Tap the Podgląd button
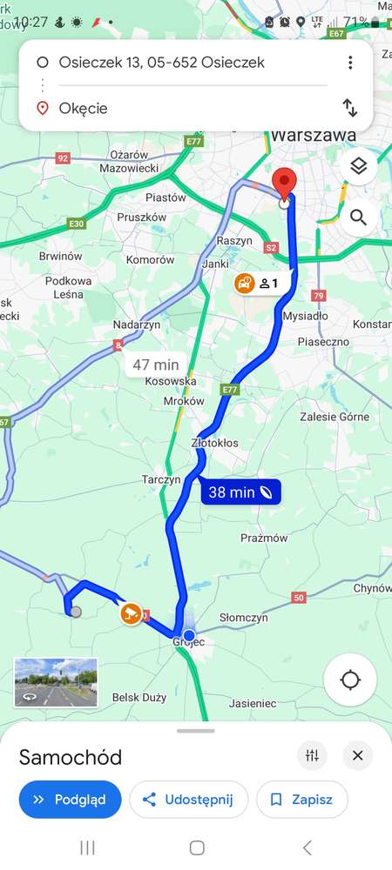[70, 800]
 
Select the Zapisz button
[301, 800]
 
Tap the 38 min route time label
[241, 492]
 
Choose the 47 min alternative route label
[155, 365]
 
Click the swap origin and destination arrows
[349, 108]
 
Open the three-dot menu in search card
[349, 63]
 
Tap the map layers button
[358, 166]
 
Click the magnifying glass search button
[358, 217]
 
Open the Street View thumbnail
[56, 682]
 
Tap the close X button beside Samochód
[357, 756]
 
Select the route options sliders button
[312, 756]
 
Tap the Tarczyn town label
[161, 479]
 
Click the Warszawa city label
[314, 136]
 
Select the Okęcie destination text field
[174, 109]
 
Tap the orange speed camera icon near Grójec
[131, 613]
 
